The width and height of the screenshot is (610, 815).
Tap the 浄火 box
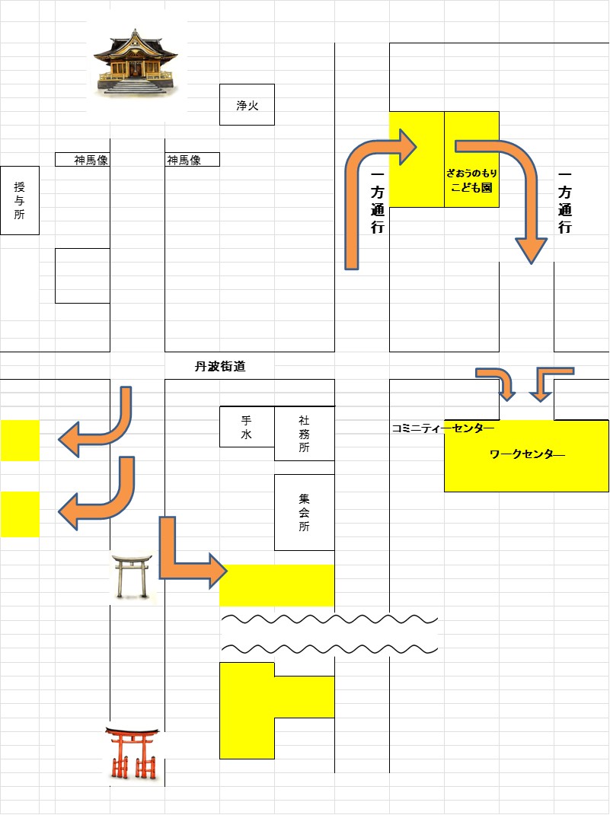pos(247,105)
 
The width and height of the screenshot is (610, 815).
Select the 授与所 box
pos(19,200)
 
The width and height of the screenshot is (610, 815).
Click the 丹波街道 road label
pos(220,367)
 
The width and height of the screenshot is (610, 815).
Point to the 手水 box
pos(247,427)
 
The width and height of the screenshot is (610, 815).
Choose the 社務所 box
pos(304,434)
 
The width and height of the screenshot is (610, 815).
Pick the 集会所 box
pos(304,512)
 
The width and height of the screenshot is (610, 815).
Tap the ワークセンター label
pos(528,455)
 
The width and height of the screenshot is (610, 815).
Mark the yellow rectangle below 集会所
pos(277,585)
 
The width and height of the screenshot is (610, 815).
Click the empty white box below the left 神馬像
pos(82,275)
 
